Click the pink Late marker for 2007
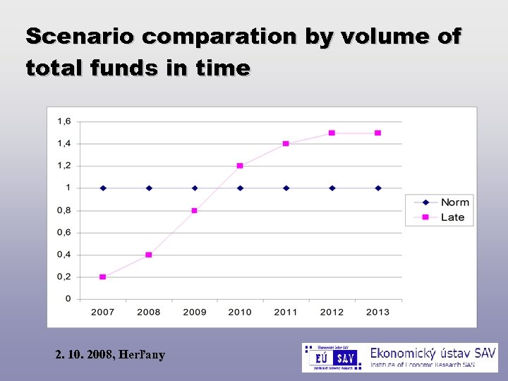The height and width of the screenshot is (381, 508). point(103,277)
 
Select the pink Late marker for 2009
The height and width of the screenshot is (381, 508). point(195,210)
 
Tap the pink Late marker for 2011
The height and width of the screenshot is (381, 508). point(286,144)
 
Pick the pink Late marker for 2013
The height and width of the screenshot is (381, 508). point(378,133)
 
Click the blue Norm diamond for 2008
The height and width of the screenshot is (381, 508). point(149,188)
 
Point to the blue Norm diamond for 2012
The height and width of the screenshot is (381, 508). point(332,188)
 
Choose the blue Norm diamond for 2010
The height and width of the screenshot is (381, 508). point(240,188)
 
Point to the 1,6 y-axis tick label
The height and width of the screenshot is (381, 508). point(64,121)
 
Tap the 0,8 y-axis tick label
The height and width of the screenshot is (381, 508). point(64,210)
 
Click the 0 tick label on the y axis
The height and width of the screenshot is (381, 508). point(68,299)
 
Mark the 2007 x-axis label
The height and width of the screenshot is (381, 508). point(103,312)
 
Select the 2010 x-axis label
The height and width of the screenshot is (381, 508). point(240,312)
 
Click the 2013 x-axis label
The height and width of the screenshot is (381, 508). point(377,312)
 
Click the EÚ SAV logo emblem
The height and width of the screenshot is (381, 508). point(332,358)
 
